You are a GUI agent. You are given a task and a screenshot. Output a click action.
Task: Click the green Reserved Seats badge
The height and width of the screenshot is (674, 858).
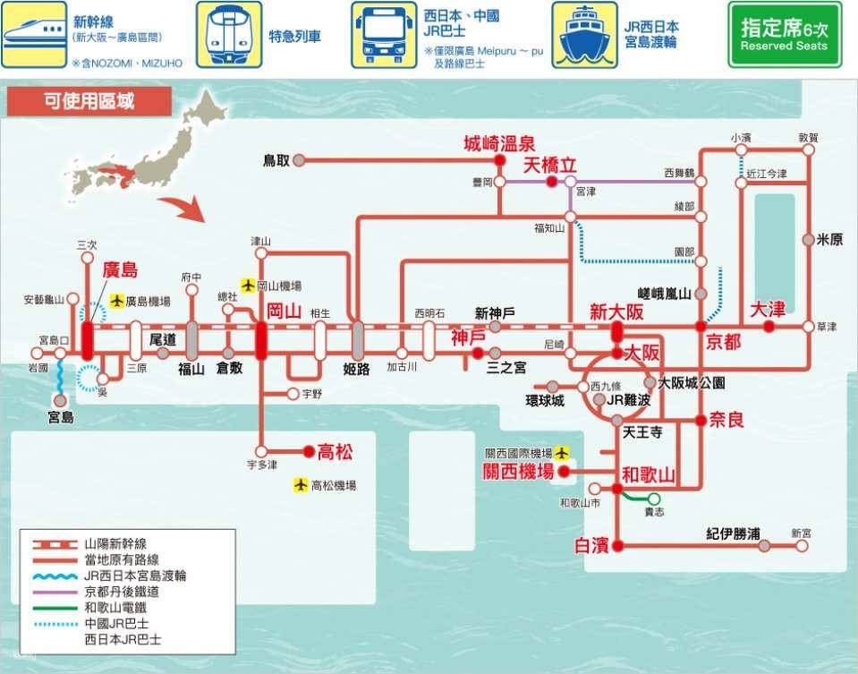(784, 34)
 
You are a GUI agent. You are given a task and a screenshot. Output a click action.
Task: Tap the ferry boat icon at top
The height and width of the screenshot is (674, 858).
(585, 34)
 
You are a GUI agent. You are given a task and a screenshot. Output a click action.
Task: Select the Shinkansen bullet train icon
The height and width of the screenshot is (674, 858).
(34, 34)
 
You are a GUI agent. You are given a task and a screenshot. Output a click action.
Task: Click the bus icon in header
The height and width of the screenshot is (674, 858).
(383, 34)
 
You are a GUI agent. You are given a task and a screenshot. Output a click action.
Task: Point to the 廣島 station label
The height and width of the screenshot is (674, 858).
(120, 270)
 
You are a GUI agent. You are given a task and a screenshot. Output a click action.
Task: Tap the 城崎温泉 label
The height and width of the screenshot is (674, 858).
(498, 143)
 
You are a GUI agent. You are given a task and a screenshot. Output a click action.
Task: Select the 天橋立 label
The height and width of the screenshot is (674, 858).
(550, 165)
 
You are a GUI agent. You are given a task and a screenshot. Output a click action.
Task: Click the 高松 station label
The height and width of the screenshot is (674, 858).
(336, 452)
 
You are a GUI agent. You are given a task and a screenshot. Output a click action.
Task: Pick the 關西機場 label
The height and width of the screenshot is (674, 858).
(518, 472)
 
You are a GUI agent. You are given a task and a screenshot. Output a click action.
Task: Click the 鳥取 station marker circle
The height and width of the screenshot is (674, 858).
(300, 160)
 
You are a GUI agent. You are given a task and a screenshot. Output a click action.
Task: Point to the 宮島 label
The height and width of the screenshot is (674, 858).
(61, 417)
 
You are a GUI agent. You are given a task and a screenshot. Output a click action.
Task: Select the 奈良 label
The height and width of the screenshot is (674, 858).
(726, 419)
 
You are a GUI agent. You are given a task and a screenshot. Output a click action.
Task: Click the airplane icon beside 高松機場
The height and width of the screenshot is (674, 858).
(302, 485)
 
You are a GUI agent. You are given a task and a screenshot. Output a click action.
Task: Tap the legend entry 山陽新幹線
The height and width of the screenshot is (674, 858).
(115, 543)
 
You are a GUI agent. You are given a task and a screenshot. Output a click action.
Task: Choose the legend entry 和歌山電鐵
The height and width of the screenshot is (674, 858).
(115, 608)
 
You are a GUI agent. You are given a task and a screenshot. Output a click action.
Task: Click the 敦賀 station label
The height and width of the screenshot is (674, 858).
(809, 138)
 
